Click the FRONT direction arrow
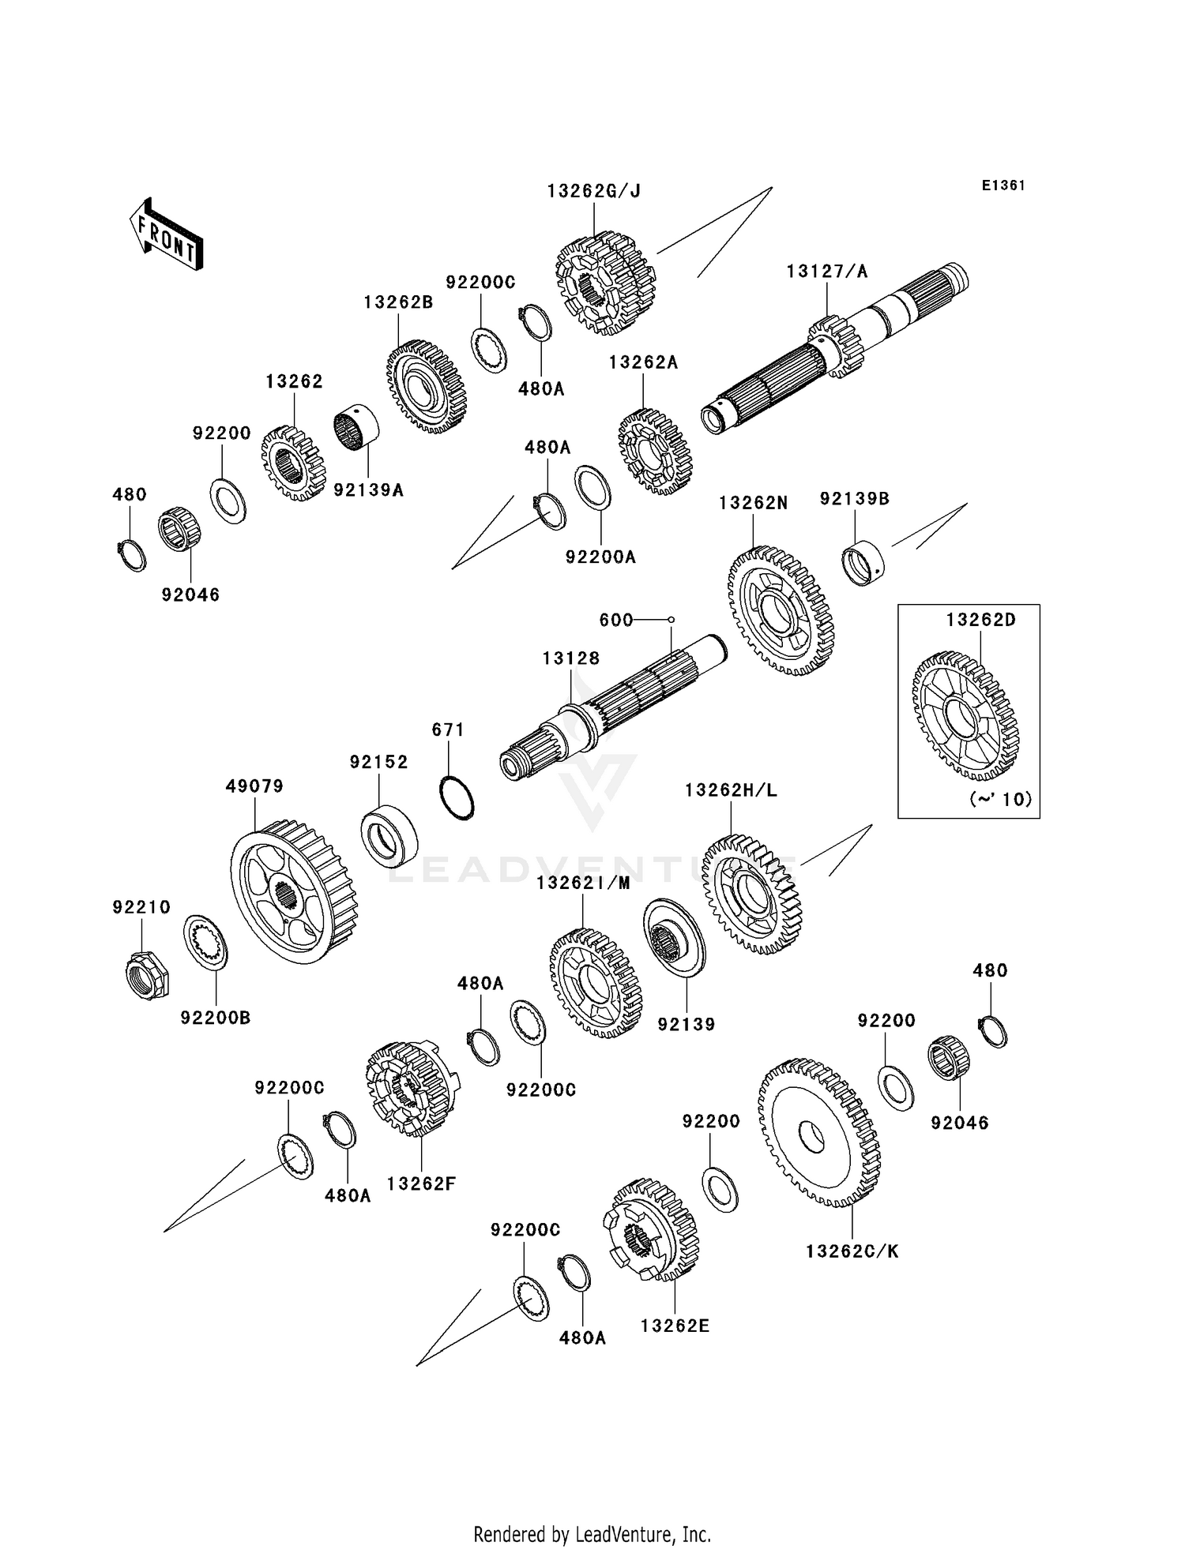click(167, 235)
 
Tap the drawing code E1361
click(1003, 186)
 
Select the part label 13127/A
click(826, 272)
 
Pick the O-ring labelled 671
click(457, 797)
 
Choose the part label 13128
click(570, 658)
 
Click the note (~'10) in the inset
click(1000, 799)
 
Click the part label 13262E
click(675, 1326)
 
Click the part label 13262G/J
click(593, 191)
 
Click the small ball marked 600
click(671, 620)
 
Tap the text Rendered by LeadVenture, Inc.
click(592, 1534)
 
